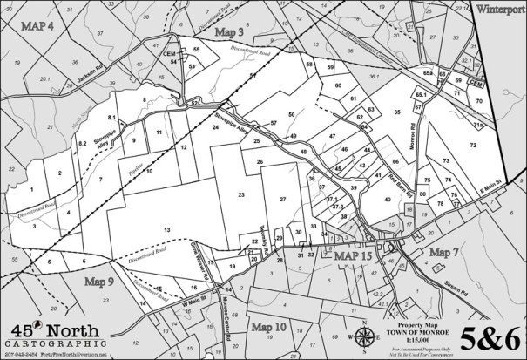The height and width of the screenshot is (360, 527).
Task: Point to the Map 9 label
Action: click(x=101, y=282)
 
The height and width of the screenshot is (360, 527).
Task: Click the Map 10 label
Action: click(x=268, y=327)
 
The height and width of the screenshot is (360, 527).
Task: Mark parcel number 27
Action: click(x=283, y=200)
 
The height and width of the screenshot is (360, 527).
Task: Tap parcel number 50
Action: click(x=292, y=114)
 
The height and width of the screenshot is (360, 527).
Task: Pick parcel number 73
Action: click(x=446, y=161)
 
